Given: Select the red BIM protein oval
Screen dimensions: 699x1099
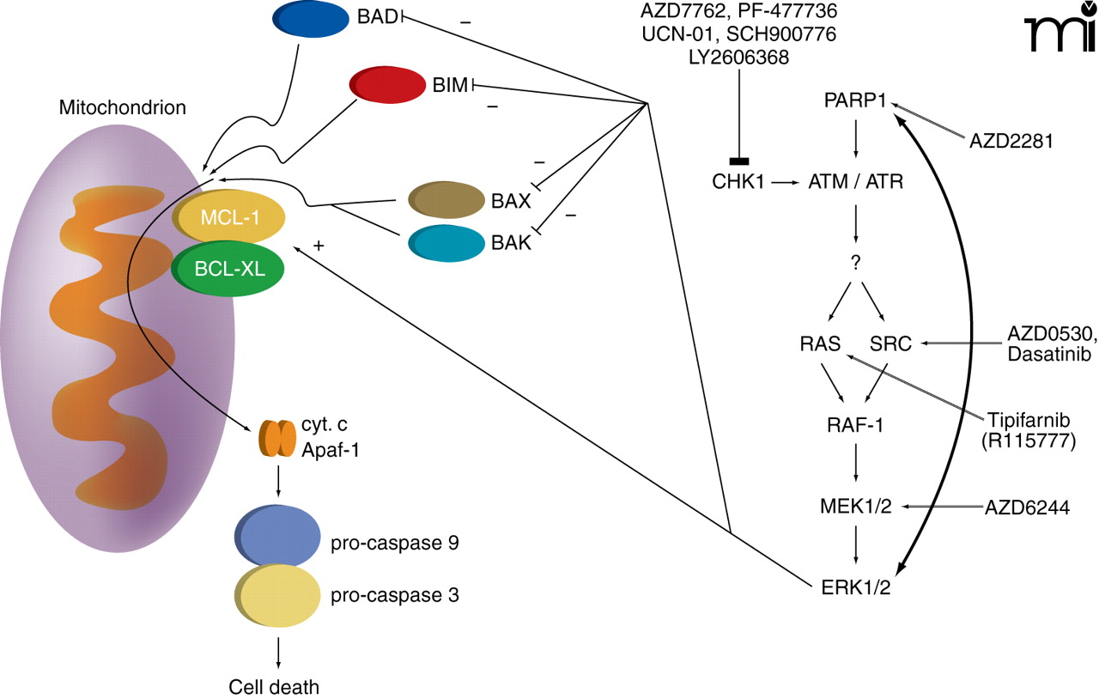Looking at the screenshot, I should (x=388, y=85).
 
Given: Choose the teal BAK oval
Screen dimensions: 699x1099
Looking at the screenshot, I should (x=446, y=242).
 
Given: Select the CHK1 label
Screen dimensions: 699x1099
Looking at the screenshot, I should (x=737, y=182).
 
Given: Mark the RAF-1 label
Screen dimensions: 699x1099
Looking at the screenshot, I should (x=855, y=423).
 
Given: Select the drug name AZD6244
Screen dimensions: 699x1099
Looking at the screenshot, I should (x=1027, y=508).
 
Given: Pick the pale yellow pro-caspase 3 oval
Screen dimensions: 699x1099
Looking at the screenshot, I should (x=276, y=596).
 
